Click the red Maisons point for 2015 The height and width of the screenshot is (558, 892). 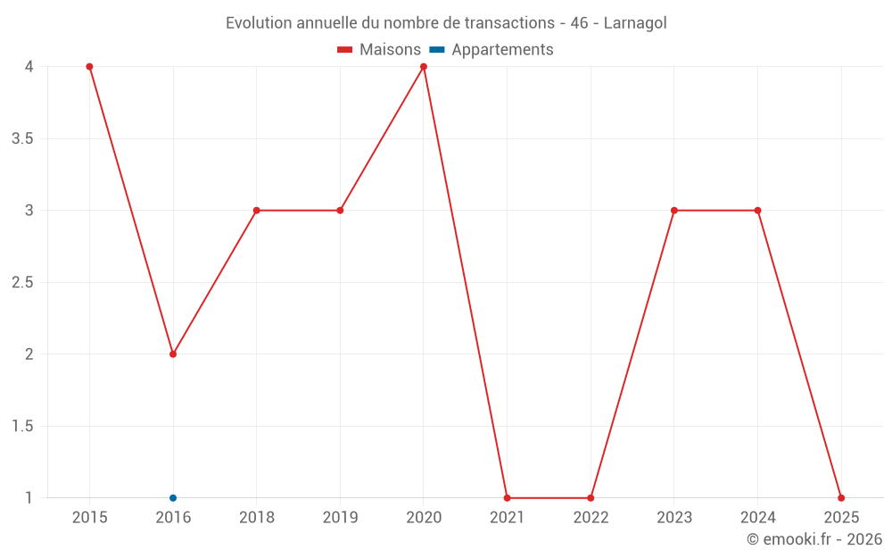coord(89,67)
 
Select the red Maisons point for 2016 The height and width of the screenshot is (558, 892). coord(173,354)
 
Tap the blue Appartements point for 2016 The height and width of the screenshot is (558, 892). coord(173,498)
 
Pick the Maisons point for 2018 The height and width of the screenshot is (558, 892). coord(256,211)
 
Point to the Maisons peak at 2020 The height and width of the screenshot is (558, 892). coord(424,67)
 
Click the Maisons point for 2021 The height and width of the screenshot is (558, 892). coord(507,498)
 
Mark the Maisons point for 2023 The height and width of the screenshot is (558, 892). coord(674,211)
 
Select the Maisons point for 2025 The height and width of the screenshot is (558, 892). coord(841,498)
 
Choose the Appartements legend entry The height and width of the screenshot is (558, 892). coord(502,50)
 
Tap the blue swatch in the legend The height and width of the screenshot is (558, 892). coord(437,50)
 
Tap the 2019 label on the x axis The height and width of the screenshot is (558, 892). coord(340,517)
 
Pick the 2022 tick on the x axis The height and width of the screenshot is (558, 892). coord(591,517)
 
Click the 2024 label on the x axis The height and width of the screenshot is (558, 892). coord(758,517)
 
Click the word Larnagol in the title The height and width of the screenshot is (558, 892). coord(635,23)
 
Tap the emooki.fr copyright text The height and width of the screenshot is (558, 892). coord(814,539)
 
